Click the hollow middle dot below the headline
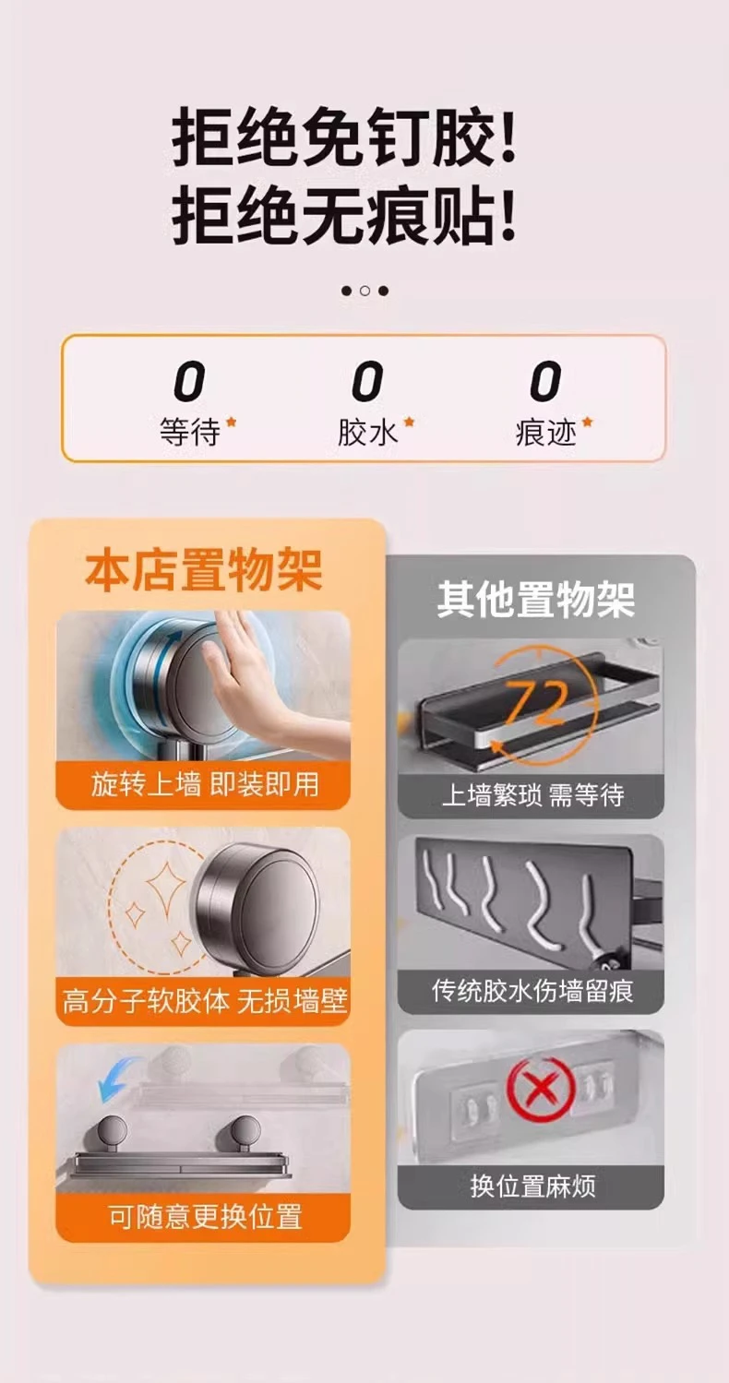[364, 291]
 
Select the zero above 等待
[189, 382]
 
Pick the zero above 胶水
[366, 382]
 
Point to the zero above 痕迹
[545, 382]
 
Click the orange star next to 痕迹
[587, 423]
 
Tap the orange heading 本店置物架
[204, 571]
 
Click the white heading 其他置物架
[536, 599]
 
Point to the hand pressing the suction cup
[259, 679]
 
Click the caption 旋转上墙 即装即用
[204, 785]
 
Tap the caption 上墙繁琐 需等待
[532, 794]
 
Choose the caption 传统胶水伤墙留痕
[532, 992]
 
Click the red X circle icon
[541, 1089]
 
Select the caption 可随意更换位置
[206, 1217]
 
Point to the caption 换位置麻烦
[532, 1186]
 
